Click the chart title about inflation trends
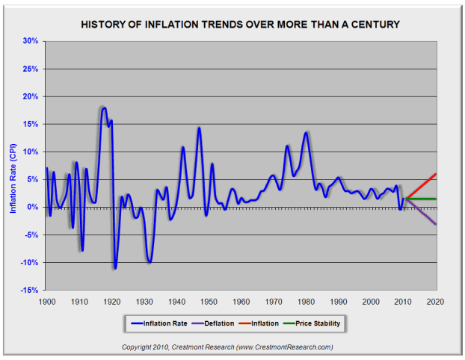pyautogui.click(x=239, y=25)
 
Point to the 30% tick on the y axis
pyautogui.click(x=30, y=41)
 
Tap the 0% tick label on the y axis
pyautogui.click(x=32, y=207)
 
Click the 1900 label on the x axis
pyautogui.click(x=46, y=301)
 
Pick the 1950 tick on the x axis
pyautogui.click(x=209, y=301)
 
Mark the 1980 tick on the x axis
pyautogui.click(x=306, y=301)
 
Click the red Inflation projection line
pyautogui.click(x=422, y=185)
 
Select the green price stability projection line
pyautogui.click(x=422, y=199)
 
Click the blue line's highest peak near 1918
pyautogui.click(x=104, y=108)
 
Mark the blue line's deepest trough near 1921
pyautogui.click(x=115, y=267)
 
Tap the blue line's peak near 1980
pyautogui.click(x=306, y=133)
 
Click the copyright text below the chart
pyautogui.click(x=227, y=347)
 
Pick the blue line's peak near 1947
pyautogui.click(x=199, y=128)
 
